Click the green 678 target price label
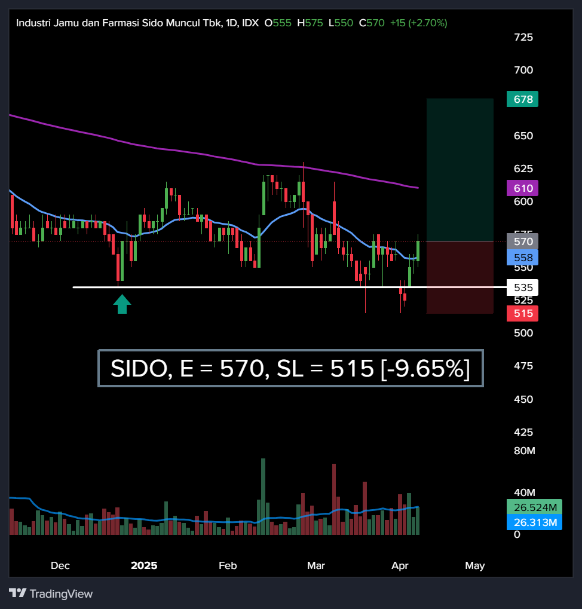pos(522,99)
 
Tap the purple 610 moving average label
pos(522,188)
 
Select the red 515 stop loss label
pos(522,313)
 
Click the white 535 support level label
pos(522,287)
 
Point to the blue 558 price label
pos(522,258)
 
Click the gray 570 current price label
pos(522,241)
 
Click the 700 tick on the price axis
pos(523,70)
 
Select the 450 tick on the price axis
pos(523,399)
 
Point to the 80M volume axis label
pos(525,450)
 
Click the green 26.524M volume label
pos(534,507)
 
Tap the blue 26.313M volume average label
pos(534,523)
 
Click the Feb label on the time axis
pos(228,565)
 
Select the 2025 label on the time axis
pos(144,565)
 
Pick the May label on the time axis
pos(474,565)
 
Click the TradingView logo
pos(51,593)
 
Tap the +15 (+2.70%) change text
pos(418,23)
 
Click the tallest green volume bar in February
pos(263,496)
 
